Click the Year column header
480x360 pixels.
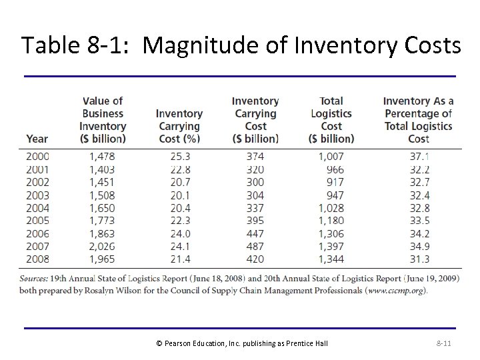point(37,139)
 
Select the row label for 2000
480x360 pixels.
point(37,157)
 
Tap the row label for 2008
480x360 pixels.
point(37,259)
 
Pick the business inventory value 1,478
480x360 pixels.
point(102,157)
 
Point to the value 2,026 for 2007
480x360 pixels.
point(102,246)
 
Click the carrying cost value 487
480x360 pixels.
point(255,246)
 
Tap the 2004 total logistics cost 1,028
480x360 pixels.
point(331,208)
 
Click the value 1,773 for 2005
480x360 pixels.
point(102,221)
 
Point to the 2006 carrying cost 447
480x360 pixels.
point(255,233)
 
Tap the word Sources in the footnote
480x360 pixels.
point(38,279)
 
